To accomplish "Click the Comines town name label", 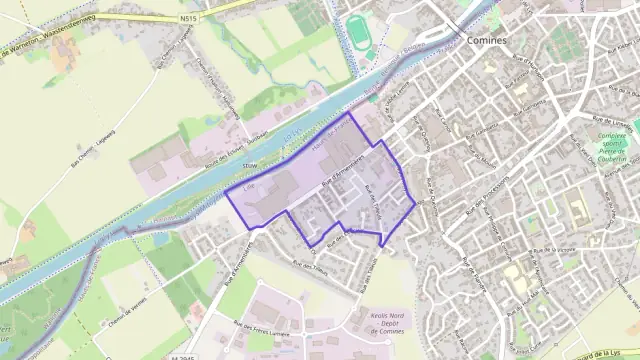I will tap(487, 40).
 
